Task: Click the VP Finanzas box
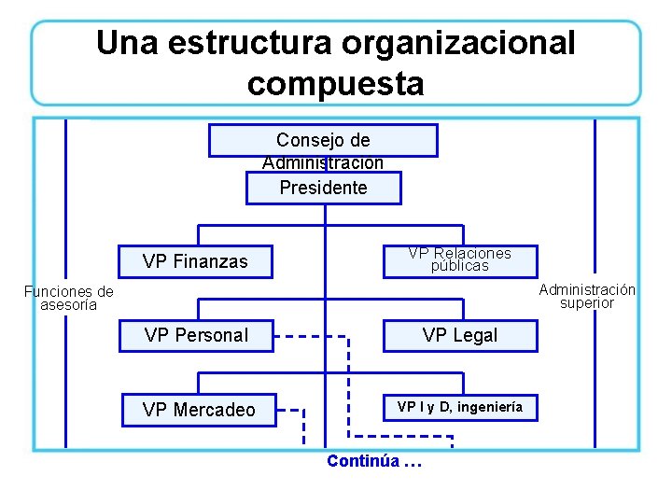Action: [x=196, y=261]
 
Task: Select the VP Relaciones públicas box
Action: [x=460, y=259]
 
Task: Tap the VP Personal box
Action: [x=196, y=335]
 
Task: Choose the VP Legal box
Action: [x=460, y=335]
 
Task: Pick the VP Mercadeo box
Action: [x=199, y=409]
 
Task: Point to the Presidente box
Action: [x=323, y=188]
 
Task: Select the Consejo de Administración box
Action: [x=323, y=141]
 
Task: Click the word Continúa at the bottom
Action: [x=363, y=461]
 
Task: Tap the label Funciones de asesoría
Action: [x=68, y=298]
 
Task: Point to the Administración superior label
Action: [x=587, y=296]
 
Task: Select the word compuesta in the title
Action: [x=335, y=84]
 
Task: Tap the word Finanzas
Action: [x=211, y=261]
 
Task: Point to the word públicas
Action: [x=459, y=266]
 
